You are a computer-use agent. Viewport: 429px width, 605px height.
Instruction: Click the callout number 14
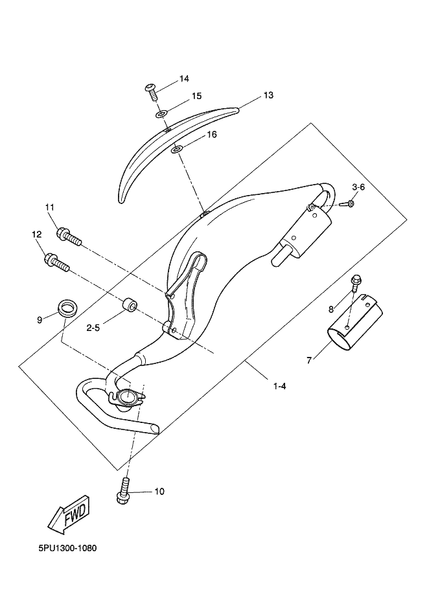coord(184,79)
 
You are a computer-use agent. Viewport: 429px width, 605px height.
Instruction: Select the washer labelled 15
coord(161,113)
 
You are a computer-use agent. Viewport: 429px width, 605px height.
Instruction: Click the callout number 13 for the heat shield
coord(268,95)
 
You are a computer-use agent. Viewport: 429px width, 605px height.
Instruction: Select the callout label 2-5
coord(93,328)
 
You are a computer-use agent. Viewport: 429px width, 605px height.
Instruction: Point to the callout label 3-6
coord(358,187)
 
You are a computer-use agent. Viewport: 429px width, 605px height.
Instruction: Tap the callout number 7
coord(309,361)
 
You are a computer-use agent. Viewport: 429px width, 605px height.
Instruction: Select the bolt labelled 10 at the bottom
coord(123,490)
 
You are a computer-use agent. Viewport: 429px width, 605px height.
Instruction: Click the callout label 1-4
coord(279,386)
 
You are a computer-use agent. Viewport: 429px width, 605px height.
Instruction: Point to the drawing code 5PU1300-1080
coord(67,548)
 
